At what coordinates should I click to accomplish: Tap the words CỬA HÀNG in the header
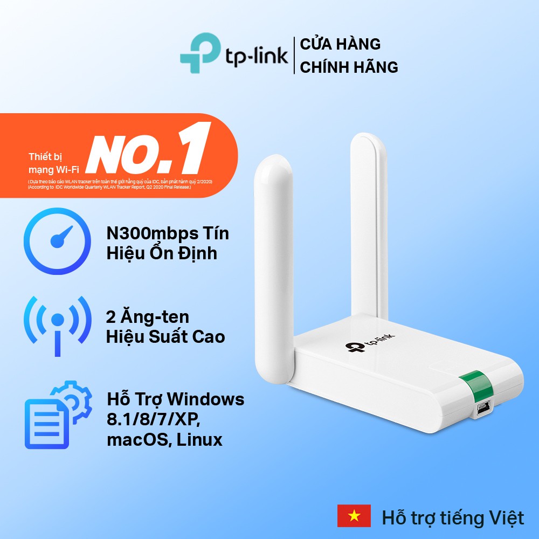tap(340, 44)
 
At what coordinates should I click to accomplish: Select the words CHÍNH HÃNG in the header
tap(349, 67)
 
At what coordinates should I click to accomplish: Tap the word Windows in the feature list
tap(206, 399)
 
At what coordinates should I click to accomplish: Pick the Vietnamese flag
tap(354, 516)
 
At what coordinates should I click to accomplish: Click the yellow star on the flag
tap(354, 516)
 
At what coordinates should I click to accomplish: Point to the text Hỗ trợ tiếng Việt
tap(453, 518)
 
